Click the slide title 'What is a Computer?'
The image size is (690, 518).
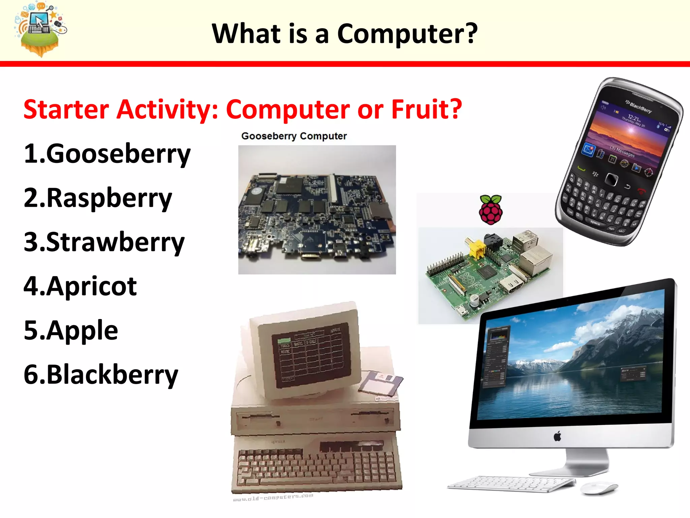tap(344, 34)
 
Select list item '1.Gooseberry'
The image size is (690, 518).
tap(107, 153)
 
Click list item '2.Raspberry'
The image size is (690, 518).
tap(98, 198)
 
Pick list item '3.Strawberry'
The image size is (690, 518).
tap(104, 242)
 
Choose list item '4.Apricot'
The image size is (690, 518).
tap(80, 286)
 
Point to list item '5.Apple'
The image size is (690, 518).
tap(71, 330)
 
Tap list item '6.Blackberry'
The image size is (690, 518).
tap(101, 375)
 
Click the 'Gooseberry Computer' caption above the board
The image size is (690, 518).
tap(294, 136)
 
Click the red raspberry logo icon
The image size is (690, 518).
tap(491, 210)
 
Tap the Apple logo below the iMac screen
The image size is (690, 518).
tap(558, 436)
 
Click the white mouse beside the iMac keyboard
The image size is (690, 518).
tap(600, 488)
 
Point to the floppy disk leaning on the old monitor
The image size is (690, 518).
tap(381, 383)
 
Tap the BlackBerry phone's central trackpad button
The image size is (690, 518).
tap(611, 179)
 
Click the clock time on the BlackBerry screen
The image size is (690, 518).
tap(633, 118)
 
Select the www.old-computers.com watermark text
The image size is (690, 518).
tap(273, 498)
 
